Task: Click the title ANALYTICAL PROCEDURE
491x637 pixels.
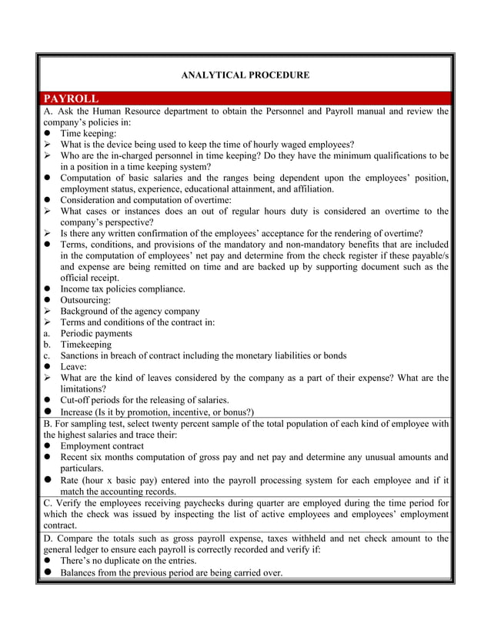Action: [245, 75]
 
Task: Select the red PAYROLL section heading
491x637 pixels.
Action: [71, 98]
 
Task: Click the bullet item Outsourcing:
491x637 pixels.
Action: [85, 300]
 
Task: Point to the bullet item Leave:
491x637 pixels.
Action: [75, 367]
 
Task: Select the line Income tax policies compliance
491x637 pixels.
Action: [122, 289]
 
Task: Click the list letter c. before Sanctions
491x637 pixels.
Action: [47, 356]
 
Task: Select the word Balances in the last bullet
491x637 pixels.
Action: [82, 572]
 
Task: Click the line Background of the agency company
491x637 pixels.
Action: [130, 312]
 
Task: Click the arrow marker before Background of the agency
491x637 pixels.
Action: [48, 312]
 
